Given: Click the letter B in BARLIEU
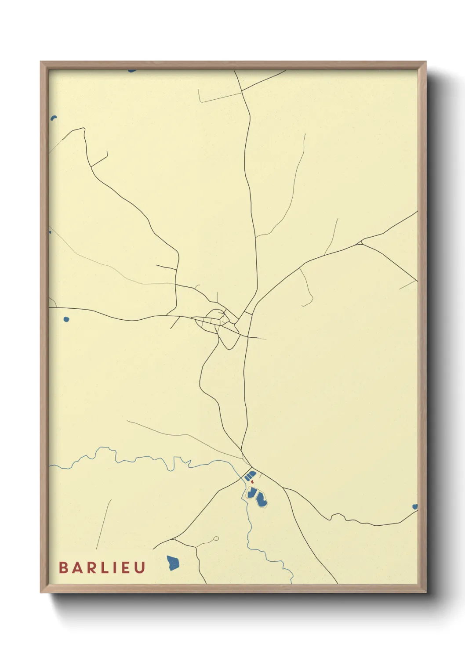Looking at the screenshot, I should pyautogui.click(x=63, y=567).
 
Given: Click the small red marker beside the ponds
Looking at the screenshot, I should pyautogui.click(x=252, y=482).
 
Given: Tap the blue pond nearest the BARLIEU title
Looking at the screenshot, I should pyautogui.click(x=173, y=563).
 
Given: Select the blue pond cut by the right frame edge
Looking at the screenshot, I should pyautogui.click(x=414, y=507).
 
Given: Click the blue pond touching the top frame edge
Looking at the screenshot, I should pyautogui.click(x=132, y=70).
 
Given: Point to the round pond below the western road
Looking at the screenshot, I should pyautogui.click(x=66, y=319).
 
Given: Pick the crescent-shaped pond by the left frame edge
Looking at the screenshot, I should pyautogui.click(x=54, y=118).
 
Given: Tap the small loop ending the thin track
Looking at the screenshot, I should pyautogui.click(x=216, y=538).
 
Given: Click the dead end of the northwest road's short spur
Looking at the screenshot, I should pyautogui.click(x=107, y=152).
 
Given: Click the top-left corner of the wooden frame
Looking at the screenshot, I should pyautogui.click(x=41, y=62).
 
